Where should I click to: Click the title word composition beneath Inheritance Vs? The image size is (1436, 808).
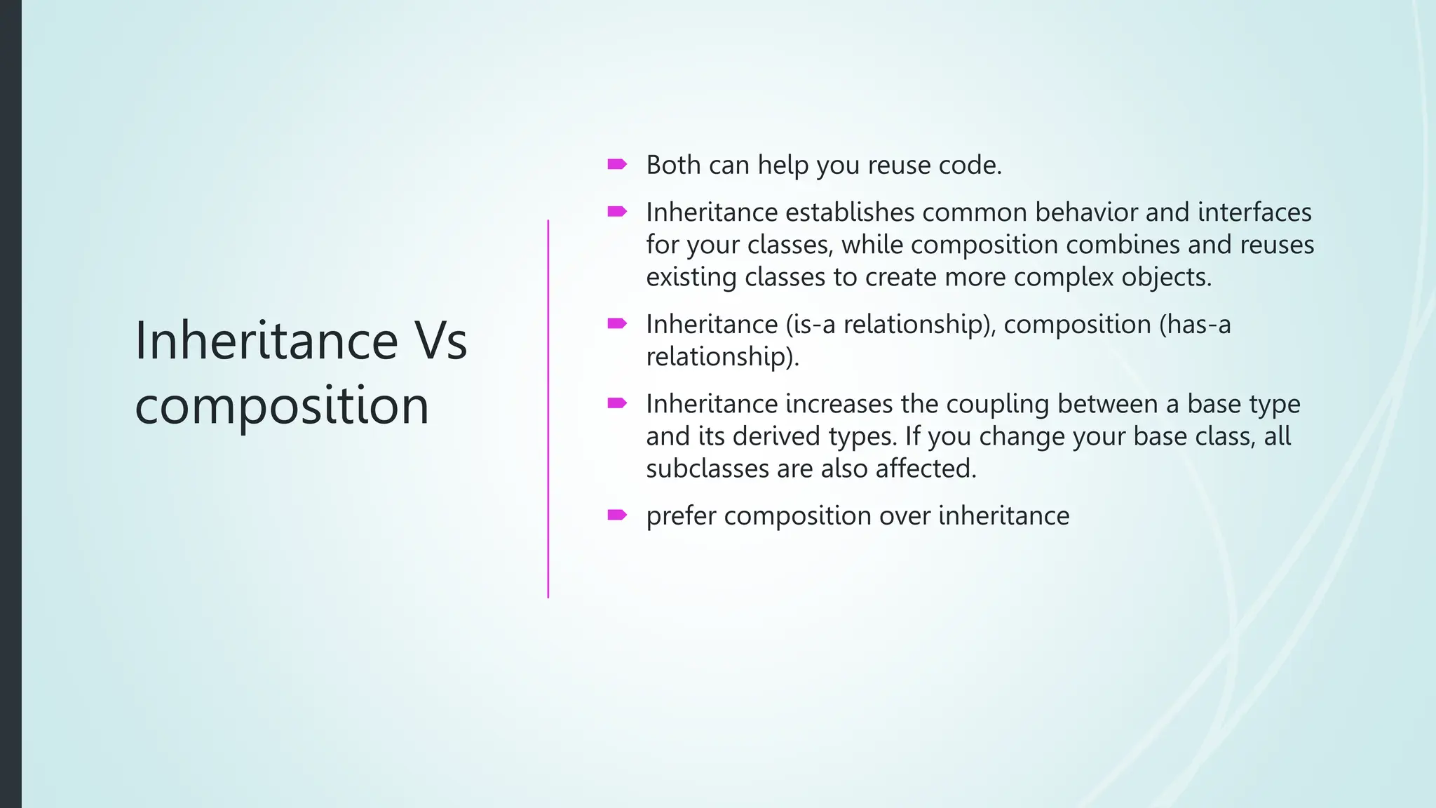pyautogui.click(x=281, y=406)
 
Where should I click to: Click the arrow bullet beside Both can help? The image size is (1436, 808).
pyautogui.click(x=616, y=165)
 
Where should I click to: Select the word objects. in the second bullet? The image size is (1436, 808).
pyautogui.click(x=1166, y=277)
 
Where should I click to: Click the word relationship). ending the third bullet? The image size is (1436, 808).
pyautogui.click(x=722, y=357)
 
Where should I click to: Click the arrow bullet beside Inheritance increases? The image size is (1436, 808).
pyautogui.click(x=616, y=403)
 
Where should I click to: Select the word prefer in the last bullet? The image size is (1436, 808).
pyautogui.click(x=681, y=516)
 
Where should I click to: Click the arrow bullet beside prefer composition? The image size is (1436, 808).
pyautogui.click(x=616, y=516)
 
